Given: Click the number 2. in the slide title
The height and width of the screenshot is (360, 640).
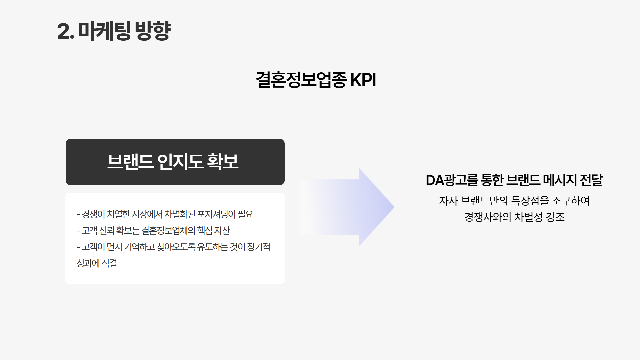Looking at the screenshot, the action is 66,31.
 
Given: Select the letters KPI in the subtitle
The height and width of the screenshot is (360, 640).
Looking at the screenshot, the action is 363,80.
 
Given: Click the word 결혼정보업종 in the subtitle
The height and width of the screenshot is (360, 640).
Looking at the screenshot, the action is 301,80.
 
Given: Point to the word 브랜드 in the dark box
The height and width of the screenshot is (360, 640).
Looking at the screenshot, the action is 130,162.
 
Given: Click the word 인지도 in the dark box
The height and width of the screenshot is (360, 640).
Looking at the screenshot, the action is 180,162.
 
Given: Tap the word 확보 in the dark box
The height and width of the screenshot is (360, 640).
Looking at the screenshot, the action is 223,162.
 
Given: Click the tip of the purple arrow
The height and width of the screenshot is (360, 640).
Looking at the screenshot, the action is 394,207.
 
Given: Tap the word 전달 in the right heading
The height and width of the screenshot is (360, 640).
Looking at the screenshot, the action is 591,180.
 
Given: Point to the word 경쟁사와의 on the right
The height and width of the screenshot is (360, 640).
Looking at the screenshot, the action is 488,217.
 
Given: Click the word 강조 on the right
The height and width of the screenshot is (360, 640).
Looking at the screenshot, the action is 555,217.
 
